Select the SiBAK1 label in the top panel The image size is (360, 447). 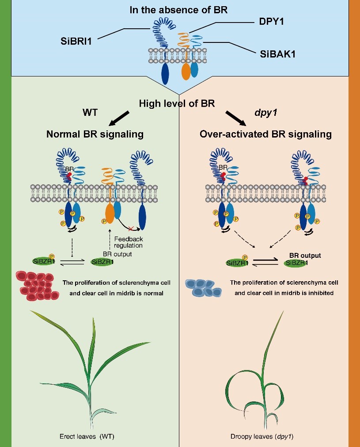pyautogui.click(x=277, y=55)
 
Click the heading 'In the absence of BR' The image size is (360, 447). pyautogui.click(x=178, y=10)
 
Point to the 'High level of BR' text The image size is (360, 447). pyautogui.click(x=177, y=104)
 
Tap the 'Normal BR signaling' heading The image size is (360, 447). pyautogui.click(x=95, y=134)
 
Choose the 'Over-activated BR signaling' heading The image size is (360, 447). pyautogui.click(x=265, y=134)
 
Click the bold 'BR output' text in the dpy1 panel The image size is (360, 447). pyautogui.click(x=305, y=256)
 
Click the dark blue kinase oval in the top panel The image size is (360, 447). pyautogui.click(x=165, y=73)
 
